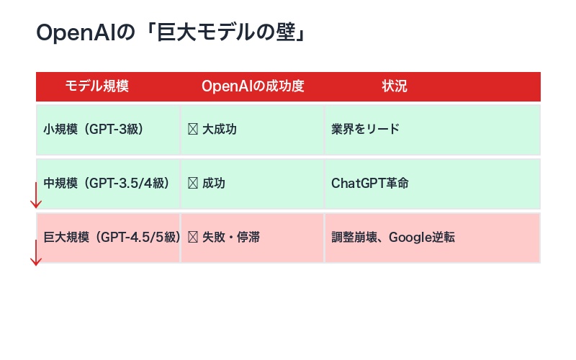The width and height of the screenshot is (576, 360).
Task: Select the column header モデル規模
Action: pos(96,86)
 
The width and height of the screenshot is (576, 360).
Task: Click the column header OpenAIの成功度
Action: pos(253,86)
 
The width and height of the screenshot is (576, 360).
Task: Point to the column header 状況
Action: pos(394,86)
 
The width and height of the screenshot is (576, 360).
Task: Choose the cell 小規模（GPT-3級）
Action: pos(94,130)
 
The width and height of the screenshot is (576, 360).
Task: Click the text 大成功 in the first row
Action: pos(220,130)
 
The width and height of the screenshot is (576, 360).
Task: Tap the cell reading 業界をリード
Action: pos(365,130)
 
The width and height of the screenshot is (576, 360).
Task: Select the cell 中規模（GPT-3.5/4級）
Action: pos(107,184)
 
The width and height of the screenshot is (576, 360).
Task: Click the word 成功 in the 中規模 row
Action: pos(214,184)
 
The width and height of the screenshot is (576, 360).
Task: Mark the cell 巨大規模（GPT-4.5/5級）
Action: pos(112,237)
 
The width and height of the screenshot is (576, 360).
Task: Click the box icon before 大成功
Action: pos(192,130)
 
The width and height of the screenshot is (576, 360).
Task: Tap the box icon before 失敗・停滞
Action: pos(192,237)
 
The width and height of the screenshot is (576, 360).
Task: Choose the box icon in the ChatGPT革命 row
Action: pos(192,184)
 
